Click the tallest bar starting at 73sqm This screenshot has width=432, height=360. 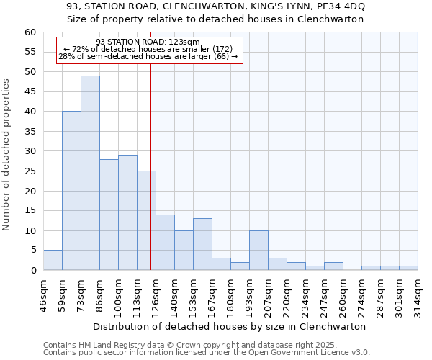[x=90, y=173]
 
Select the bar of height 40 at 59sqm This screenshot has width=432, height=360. [x=71, y=191]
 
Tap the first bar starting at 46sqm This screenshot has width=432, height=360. [x=53, y=260]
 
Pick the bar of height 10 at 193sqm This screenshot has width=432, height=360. [x=258, y=251]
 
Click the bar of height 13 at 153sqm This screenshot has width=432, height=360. [x=202, y=244]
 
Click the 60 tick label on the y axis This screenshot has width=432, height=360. [x=30, y=32]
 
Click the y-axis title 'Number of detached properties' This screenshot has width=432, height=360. [x=7, y=155]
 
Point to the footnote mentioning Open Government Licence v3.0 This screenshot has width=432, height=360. [x=207, y=353]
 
